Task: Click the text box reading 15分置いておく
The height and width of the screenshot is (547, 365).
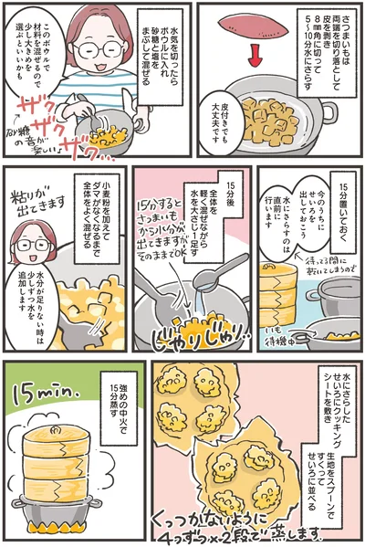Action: coord(344,224)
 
